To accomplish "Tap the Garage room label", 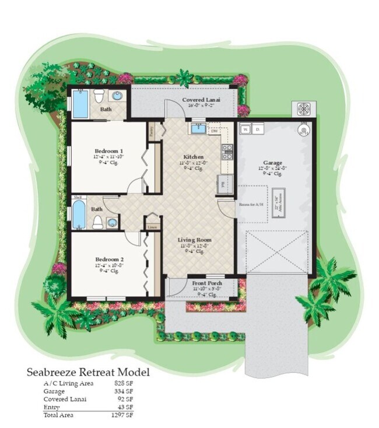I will click(x=272, y=163).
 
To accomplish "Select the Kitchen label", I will click(x=193, y=157).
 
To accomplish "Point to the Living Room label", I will click(x=195, y=240).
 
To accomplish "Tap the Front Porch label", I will click(x=207, y=283).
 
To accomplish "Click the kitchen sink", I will click(x=198, y=128).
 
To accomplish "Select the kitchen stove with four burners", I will click(x=227, y=152).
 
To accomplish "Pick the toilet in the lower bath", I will click(x=98, y=222).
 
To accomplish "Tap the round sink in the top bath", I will click(x=118, y=96).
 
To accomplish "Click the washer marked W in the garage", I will click(x=245, y=129).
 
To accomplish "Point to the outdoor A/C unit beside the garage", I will click(x=303, y=109).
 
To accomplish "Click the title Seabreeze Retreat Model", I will click(x=87, y=372).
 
